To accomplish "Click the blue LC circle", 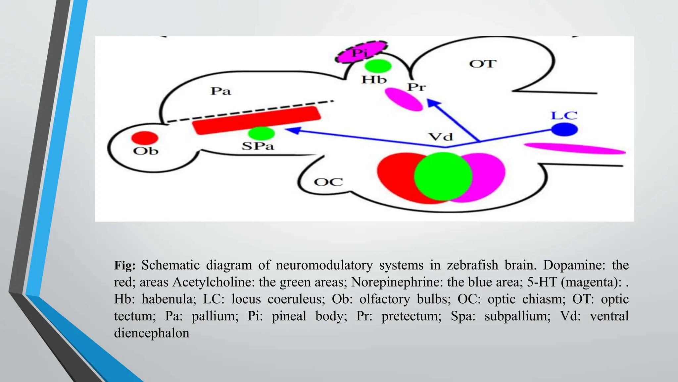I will tap(564, 129).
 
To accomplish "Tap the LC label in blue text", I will tap(564, 116).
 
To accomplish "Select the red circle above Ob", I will tap(145, 138).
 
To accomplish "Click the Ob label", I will tap(146, 151).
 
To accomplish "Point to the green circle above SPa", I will tap(261, 133).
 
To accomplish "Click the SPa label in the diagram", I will tap(258, 146).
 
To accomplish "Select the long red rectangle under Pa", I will tap(257, 120).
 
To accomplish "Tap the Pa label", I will tap(220, 91).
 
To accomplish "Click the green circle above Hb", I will tap(378, 66).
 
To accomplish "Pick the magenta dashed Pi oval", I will tap(361, 52).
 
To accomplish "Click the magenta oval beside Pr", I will tap(404, 99).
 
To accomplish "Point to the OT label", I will tap(483, 64).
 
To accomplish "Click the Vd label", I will tap(440, 137).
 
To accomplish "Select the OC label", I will tap(328, 182).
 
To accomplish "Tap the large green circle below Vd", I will tap(443, 177).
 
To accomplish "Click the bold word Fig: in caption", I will tap(125, 265).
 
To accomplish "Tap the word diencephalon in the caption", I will tap(152, 333).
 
